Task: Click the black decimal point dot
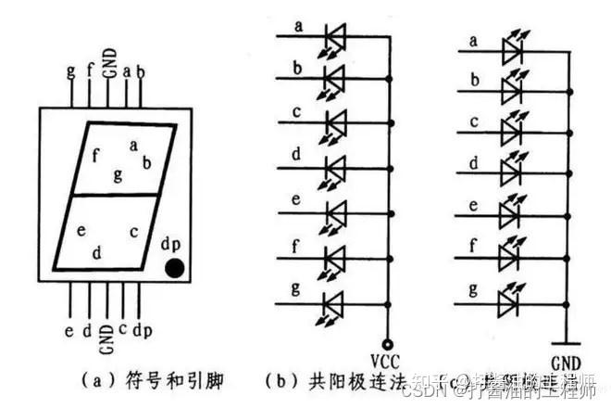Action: [x=175, y=269]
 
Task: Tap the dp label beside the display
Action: [x=171, y=245]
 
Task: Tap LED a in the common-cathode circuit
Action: [x=509, y=49]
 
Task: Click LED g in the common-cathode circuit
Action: [x=509, y=300]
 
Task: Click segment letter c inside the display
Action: [x=133, y=232]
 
